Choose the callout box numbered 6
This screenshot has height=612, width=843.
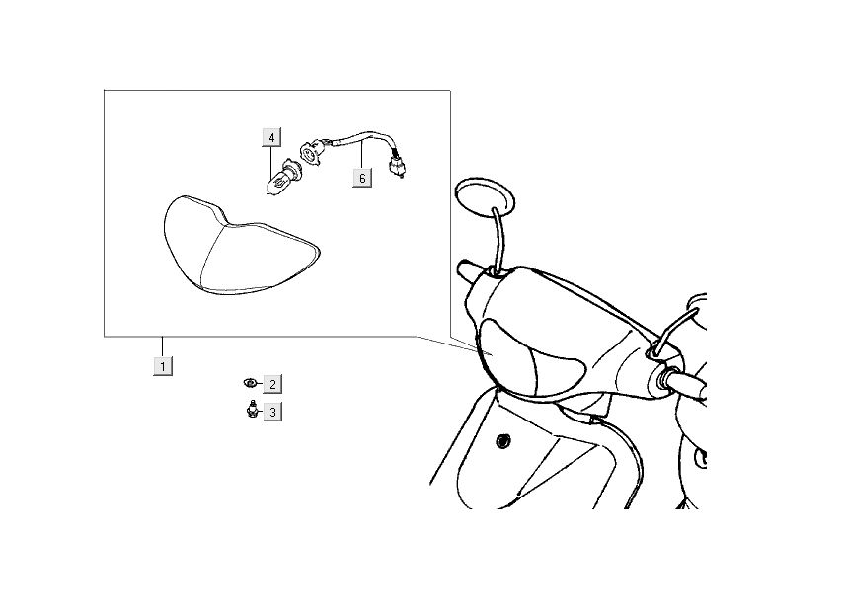[362, 178]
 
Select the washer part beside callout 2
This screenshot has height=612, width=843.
[251, 383]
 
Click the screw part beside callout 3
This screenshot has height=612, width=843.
[251, 410]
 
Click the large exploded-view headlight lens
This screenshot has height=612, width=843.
[237, 247]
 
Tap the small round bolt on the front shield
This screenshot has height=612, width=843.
[504, 439]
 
